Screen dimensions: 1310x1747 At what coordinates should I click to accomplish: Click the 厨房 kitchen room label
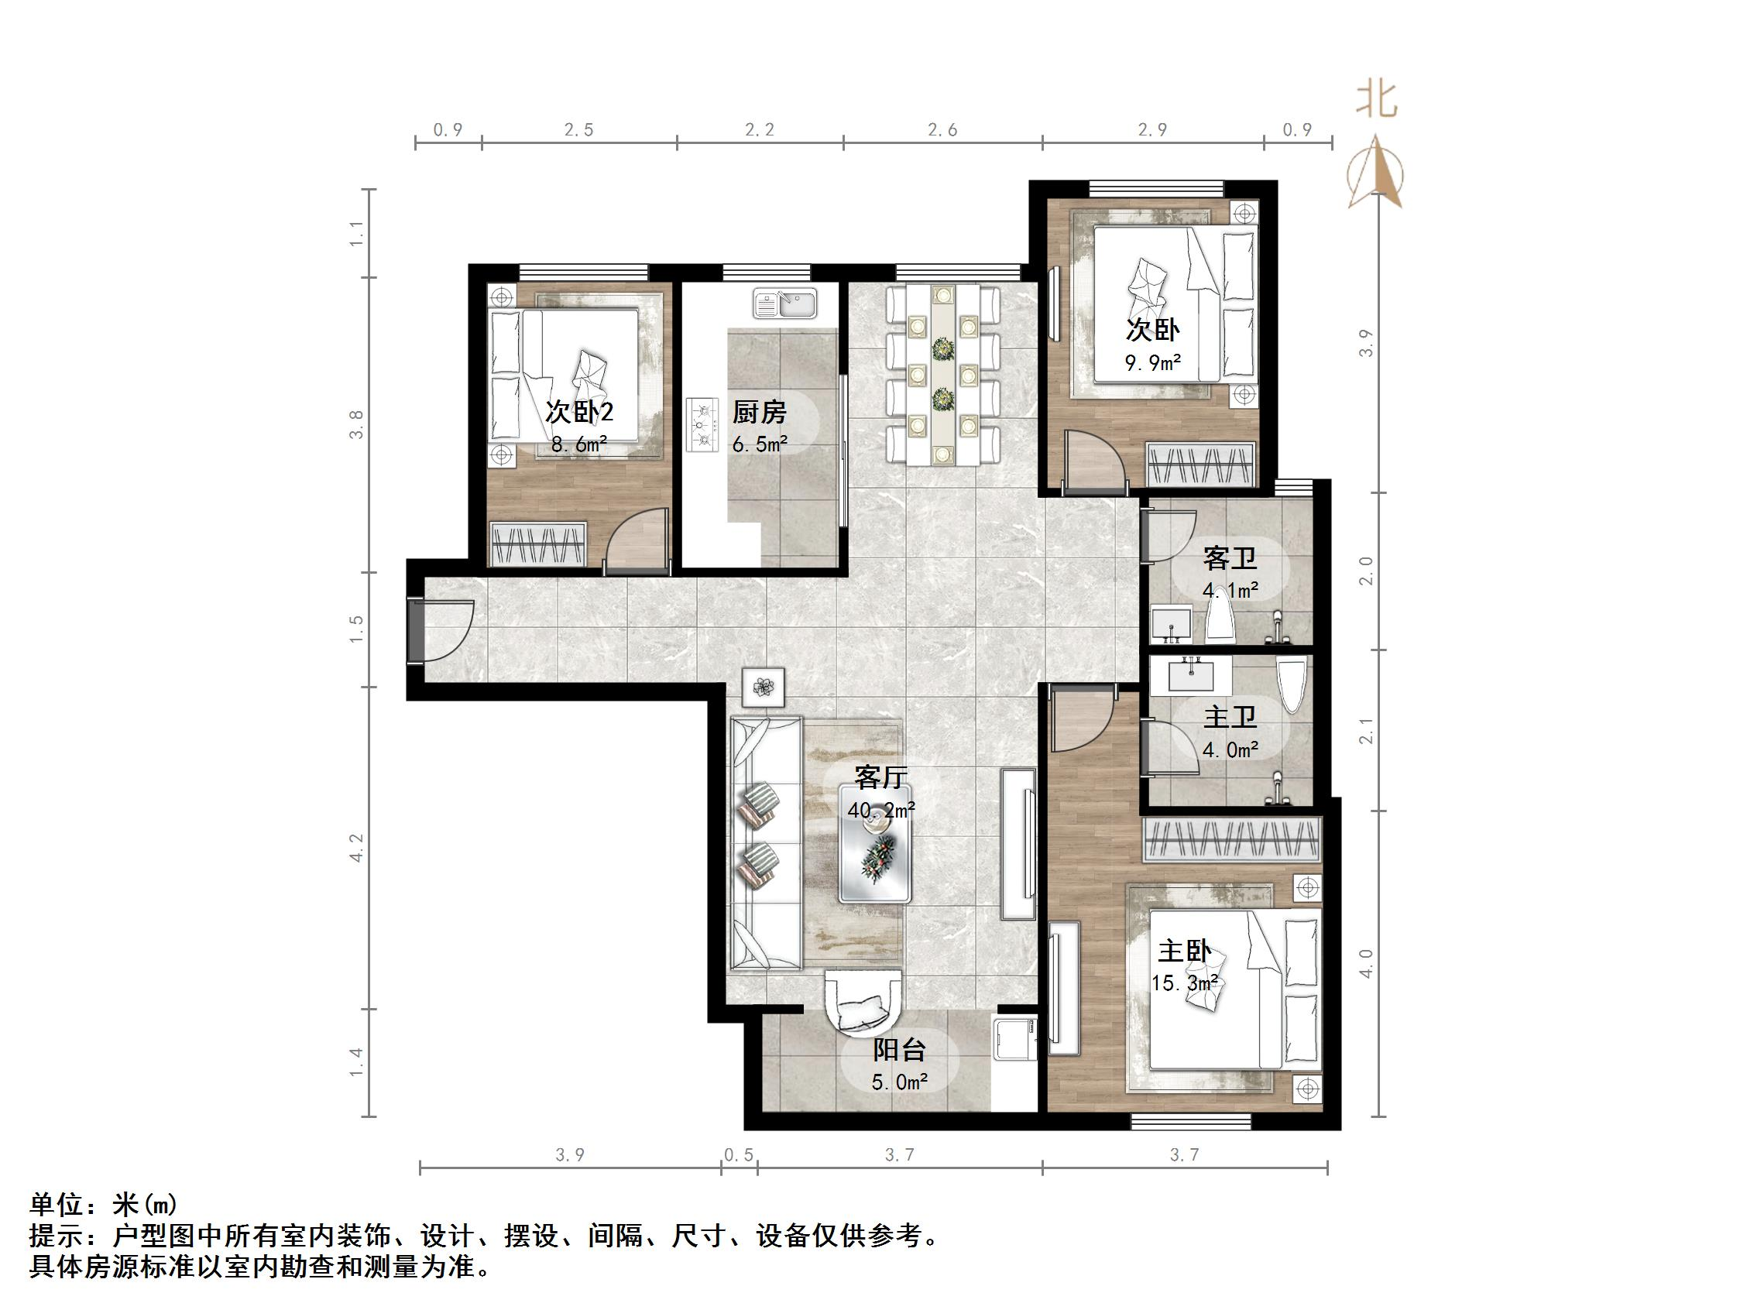[x=759, y=411]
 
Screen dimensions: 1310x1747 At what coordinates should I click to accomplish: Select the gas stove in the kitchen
[x=702, y=424]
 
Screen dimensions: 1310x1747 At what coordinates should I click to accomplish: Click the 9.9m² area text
[x=1153, y=363]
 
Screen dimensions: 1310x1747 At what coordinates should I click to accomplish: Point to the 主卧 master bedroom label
[x=1184, y=952]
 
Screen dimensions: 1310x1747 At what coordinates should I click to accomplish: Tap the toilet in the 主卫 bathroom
[x=1292, y=685]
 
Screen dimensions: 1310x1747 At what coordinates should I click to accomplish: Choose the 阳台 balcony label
[x=899, y=1050]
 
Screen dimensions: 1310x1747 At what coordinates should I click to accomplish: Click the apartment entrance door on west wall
[x=416, y=631]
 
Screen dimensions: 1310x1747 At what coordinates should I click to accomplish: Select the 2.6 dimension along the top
[x=942, y=130]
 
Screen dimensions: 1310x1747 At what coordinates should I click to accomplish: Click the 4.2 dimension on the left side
[x=356, y=847]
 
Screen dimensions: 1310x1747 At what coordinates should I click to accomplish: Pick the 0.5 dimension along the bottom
[x=739, y=1155]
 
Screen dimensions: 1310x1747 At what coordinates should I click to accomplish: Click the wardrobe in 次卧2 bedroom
[x=538, y=544]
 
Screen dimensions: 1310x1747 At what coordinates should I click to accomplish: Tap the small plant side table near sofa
[x=763, y=687]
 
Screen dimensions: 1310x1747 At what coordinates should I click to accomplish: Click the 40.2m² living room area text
[x=880, y=810]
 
